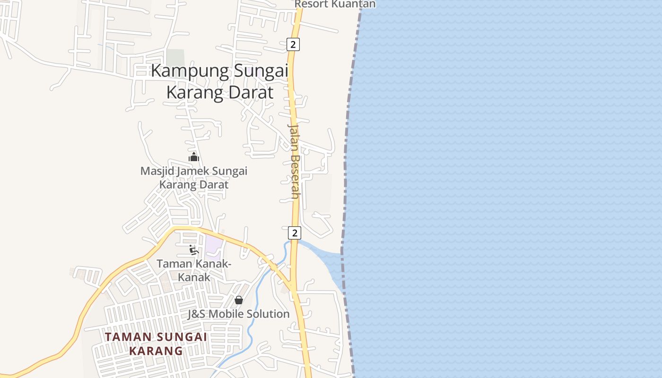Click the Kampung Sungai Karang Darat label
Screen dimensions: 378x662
220,81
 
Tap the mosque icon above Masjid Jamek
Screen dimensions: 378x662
194,157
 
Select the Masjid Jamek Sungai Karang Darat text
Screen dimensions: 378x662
194,177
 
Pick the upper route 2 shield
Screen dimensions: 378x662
293,44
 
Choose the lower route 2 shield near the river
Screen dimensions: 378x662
294,232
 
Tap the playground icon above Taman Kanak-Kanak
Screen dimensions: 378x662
193,249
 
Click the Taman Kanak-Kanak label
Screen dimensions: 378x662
194,270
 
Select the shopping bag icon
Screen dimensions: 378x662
239,300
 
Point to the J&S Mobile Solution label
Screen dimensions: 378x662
238,314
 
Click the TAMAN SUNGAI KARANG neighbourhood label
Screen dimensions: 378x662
156,344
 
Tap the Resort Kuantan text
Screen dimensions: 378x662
335,4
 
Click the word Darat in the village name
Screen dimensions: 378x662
251,92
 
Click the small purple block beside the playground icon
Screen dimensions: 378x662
213,244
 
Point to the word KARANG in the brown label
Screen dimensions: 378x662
156,351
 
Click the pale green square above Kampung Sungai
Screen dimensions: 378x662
175,57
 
